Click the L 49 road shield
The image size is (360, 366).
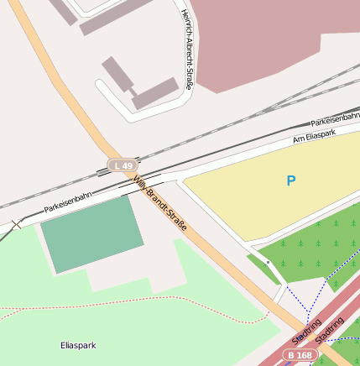click(122, 166)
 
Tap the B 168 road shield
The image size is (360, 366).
click(300, 356)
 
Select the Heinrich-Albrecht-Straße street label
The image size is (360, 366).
click(188, 50)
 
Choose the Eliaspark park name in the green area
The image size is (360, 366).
click(78, 345)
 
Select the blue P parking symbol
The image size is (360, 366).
click(290, 180)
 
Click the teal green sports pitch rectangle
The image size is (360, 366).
click(91, 233)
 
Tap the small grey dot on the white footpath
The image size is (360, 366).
click(268, 263)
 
